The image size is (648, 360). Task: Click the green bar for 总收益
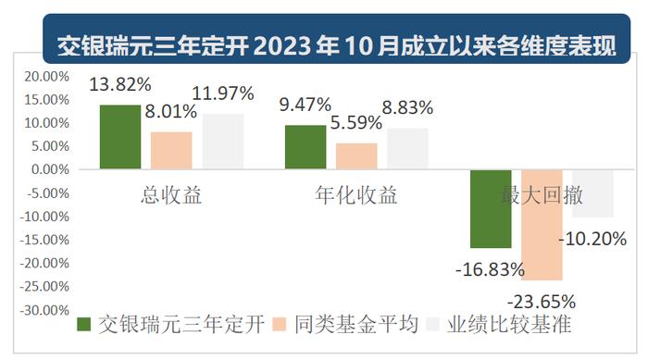click(120, 137)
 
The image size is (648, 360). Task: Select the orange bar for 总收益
click(171, 151)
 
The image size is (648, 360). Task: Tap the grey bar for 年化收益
click(407, 149)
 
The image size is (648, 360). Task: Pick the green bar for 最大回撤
click(491, 209)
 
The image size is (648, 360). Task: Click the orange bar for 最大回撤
click(542, 225)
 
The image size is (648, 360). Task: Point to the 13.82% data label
click(120, 85)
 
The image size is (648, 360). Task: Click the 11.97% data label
click(223, 93)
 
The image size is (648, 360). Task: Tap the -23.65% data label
click(542, 301)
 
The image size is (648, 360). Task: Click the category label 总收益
click(171, 195)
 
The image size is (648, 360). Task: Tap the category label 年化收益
click(356, 195)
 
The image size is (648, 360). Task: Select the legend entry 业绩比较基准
click(509, 324)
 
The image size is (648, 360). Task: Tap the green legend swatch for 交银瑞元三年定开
click(84, 324)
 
